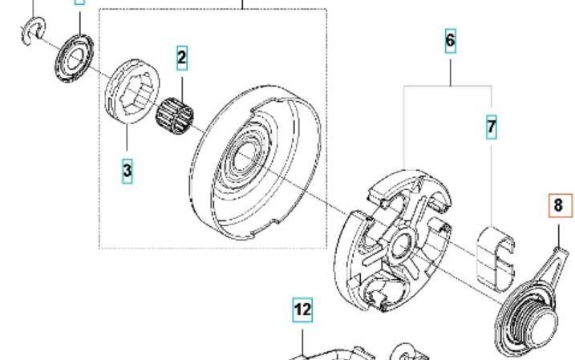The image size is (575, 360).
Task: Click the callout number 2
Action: [182, 57]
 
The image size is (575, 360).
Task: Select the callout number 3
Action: [128, 171]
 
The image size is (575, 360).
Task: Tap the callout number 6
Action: [450, 40]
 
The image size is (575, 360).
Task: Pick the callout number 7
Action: [492, 127]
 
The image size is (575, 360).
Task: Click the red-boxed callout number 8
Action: [561, 205]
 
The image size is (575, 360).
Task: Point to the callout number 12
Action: [302, 309]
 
